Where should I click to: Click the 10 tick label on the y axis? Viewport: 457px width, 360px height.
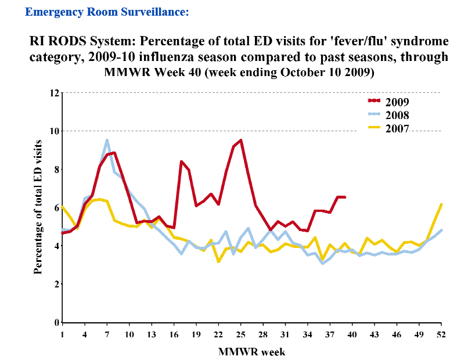(55, 131)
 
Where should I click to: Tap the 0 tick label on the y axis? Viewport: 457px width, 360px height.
(57, 322)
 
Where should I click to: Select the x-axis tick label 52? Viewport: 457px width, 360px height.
(442, 335)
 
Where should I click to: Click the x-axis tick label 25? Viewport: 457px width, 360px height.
(240, 335)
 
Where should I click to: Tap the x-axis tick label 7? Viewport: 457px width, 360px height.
(107, 335)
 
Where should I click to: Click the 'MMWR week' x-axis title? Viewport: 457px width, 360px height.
(251, 351)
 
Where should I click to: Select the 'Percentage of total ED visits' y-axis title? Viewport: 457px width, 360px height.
(38, 207)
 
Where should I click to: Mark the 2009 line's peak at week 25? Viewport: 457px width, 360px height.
(240, 140)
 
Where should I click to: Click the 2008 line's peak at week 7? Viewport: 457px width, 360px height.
(107, 140)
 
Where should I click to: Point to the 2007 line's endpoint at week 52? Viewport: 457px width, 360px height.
(442, 204)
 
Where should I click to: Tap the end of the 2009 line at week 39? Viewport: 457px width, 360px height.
(345, 197)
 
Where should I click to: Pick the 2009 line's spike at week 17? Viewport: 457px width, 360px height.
(181, 161)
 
